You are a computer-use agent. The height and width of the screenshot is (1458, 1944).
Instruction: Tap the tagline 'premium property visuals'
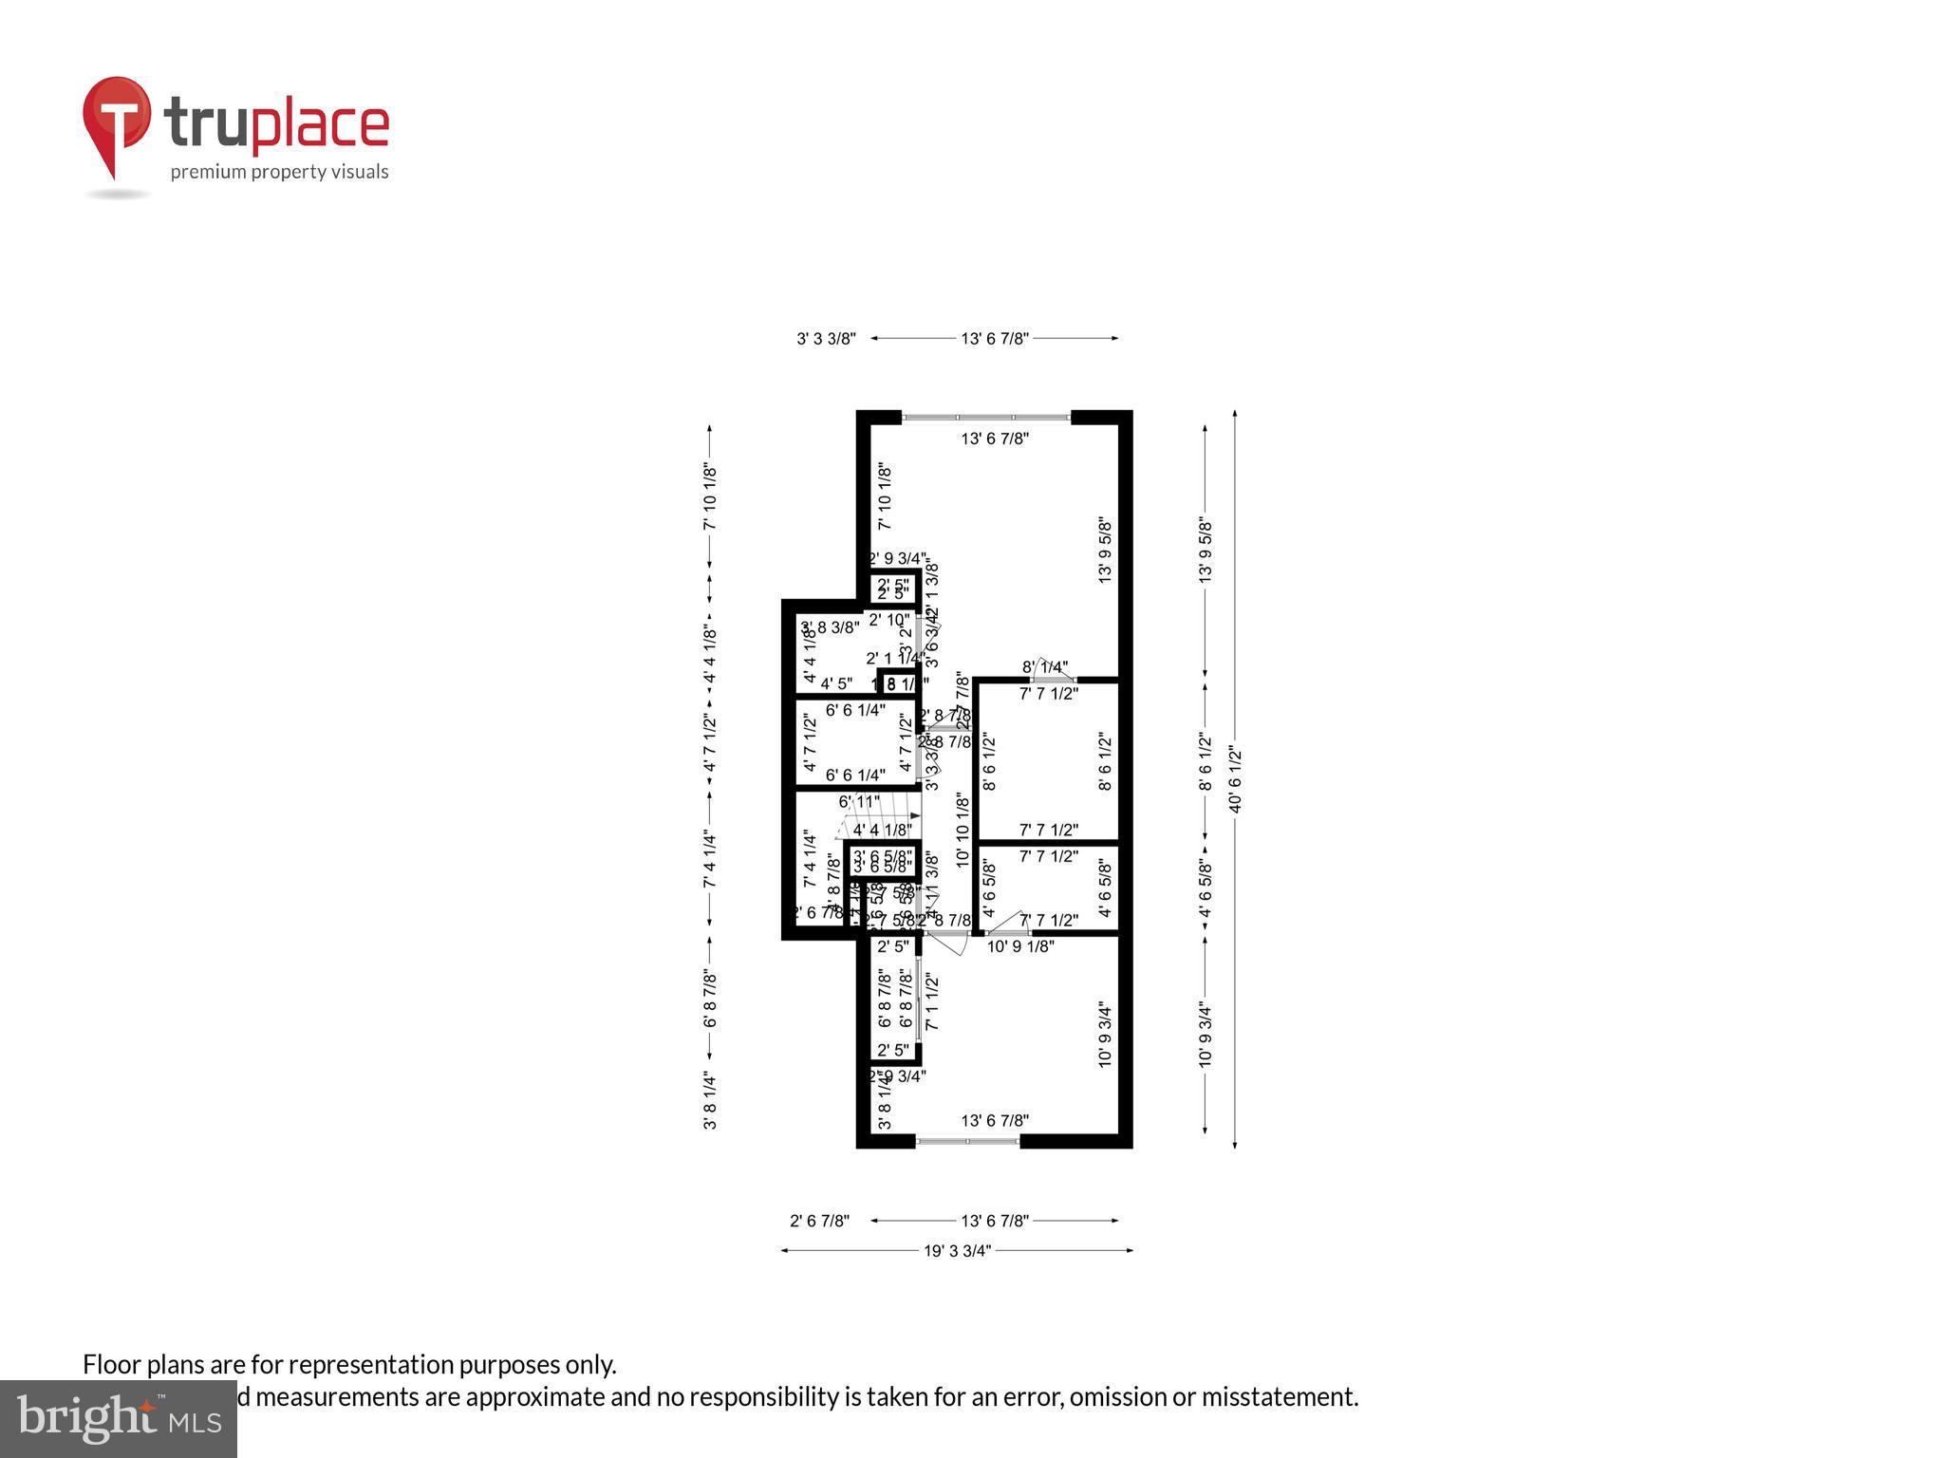coord(279,172)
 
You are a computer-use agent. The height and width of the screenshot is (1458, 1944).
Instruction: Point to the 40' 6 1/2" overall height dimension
coord(1235,779)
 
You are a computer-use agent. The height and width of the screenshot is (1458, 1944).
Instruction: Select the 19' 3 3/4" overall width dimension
coord(957,1251)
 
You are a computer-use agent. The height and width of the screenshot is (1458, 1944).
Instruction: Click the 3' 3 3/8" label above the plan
coord(826,339)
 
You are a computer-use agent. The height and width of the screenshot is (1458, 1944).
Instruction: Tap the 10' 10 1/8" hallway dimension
coord(963,830)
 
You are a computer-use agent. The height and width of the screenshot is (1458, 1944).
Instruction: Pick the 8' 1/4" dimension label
coord(1044,667)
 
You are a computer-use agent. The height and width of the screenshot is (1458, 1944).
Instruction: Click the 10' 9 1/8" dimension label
coord(1020,946)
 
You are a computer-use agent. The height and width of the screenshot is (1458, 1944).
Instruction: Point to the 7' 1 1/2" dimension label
coord(931,1001)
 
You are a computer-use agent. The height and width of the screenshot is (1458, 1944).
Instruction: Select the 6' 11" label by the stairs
coord(858,802)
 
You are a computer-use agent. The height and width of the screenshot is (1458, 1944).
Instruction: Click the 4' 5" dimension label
coord(836,683)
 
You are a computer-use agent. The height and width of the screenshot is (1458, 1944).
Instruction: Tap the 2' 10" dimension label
coord(888,620)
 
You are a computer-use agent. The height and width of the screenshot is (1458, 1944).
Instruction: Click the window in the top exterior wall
coord(985,417)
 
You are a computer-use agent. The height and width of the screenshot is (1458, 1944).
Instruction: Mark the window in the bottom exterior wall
coord(967,1141)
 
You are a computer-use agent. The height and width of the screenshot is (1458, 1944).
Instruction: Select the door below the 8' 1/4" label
coord(1054,680)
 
